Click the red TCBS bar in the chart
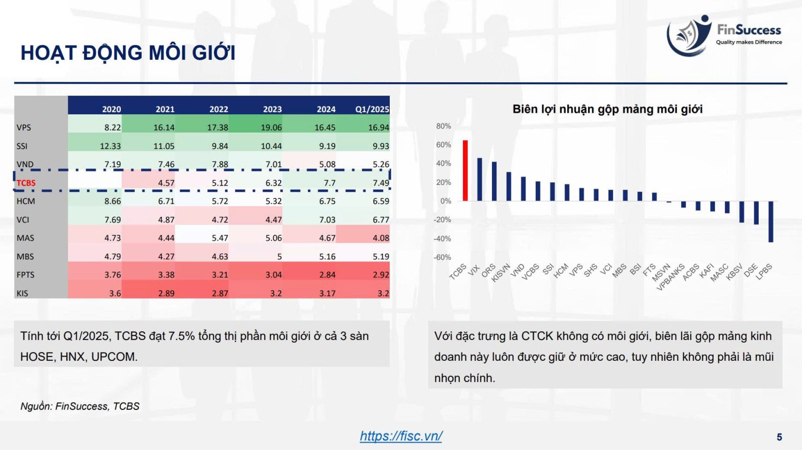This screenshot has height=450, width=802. (x=465, y=170)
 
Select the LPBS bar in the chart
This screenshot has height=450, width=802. (x=771, y=222)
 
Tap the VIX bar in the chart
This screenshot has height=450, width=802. (x=480, y=180)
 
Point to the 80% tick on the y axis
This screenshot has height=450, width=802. (x=444, y=126)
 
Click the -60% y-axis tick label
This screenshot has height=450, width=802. (x=443, y=257)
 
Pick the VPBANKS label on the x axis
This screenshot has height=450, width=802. (x=670, y=277)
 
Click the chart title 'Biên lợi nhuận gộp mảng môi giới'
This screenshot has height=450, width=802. (x=607, y=109)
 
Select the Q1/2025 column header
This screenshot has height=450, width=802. (x=372, y=109)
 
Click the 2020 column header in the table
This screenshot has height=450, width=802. (x=111, y=109)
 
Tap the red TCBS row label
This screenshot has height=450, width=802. (x=26, y=183)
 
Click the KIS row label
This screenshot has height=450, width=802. (x=22, y=293)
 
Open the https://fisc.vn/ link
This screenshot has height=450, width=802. (x=401, y=436)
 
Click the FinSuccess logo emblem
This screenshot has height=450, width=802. (x=689, y=36)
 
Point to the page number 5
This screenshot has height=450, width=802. (x=780, y=437)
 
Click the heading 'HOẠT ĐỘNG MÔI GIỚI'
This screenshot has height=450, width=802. (x=128, y=53)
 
